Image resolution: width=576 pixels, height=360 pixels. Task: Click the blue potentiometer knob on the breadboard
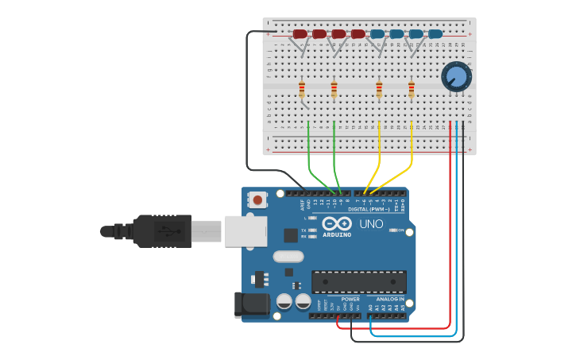click(x=456, y=76)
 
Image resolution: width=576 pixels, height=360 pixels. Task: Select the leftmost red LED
click(x=300, y=34)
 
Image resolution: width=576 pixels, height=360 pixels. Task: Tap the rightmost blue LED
click(x=435, y=34)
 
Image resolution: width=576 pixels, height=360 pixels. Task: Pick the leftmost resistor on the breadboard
click(x=302, y=89)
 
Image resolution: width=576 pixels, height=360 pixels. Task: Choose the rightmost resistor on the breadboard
click(x=411, y=89)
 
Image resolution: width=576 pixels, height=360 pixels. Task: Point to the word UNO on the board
click(x=371, y=225)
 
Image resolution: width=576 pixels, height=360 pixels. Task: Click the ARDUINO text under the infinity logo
click(x=337, y=234)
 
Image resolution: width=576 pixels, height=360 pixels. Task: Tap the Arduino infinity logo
click(x=337, y=223)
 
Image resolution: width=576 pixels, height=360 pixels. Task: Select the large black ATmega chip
click(x=358, y=281)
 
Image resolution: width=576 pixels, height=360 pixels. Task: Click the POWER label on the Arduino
click(x=350, y=300)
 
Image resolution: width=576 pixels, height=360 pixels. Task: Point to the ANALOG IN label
click(x=389, y=300)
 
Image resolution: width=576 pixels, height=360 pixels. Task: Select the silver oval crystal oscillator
click(x=288, y=257)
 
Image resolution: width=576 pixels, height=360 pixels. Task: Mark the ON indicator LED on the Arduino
click(x=393, y=230)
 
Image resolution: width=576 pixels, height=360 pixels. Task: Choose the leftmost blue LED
click(x=377, y=34)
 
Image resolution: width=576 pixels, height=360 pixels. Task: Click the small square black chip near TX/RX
click(x=291, y=235)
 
